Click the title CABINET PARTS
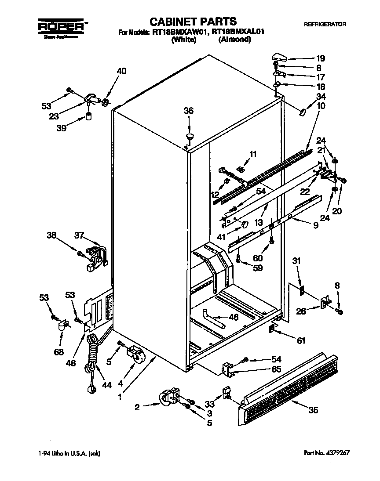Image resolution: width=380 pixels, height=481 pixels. coord(193,22)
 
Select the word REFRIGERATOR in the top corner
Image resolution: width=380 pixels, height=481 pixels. coord(325,24)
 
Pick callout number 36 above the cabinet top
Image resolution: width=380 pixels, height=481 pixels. coord(188,111)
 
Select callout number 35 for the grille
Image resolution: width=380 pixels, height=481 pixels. coord(313,411)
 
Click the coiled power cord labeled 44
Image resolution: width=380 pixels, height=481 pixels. coord(92,356)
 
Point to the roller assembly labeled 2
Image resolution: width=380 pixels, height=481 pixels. coord(169,397)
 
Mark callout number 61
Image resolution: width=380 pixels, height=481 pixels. coord(300,340)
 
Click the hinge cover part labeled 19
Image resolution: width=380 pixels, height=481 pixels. coord(279,56)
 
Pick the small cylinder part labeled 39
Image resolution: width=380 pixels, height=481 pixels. coord(88,117)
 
